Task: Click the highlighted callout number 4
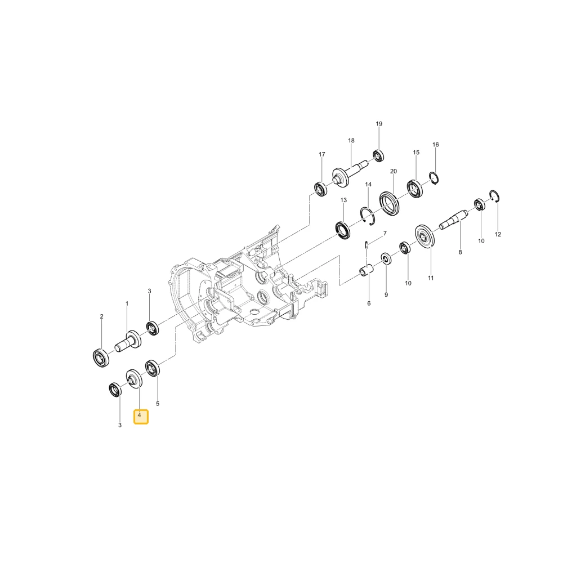click(141, 417)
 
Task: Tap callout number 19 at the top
click(379, 124)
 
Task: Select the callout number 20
click(394, 171)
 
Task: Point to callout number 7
click(385, 234)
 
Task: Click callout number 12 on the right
click(498, 234)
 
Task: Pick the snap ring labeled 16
click(434, 178)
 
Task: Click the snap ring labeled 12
click(495, 196)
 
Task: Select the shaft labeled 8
click(454, 220)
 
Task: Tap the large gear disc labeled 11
click(425, 236)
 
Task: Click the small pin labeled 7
click(366, 244)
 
